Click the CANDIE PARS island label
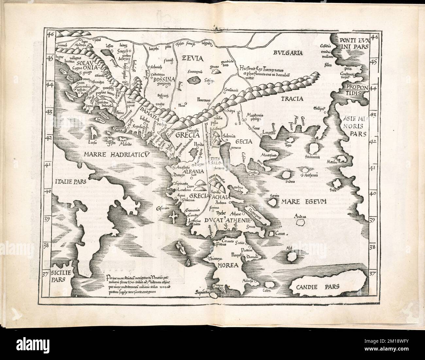pos(315,287)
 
